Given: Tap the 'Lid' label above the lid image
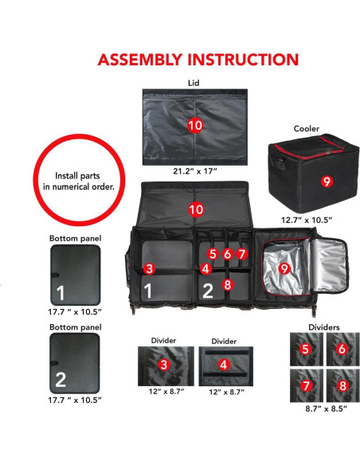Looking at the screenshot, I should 194,82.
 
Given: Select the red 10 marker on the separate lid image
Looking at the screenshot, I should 194,126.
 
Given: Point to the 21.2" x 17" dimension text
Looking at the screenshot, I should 194,170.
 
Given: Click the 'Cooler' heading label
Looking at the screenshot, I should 306,128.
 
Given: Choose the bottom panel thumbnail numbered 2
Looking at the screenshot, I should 75,361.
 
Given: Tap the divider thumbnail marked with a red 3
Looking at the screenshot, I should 163,365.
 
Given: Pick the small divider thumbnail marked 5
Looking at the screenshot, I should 304,348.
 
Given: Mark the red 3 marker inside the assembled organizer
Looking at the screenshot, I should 149,268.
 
